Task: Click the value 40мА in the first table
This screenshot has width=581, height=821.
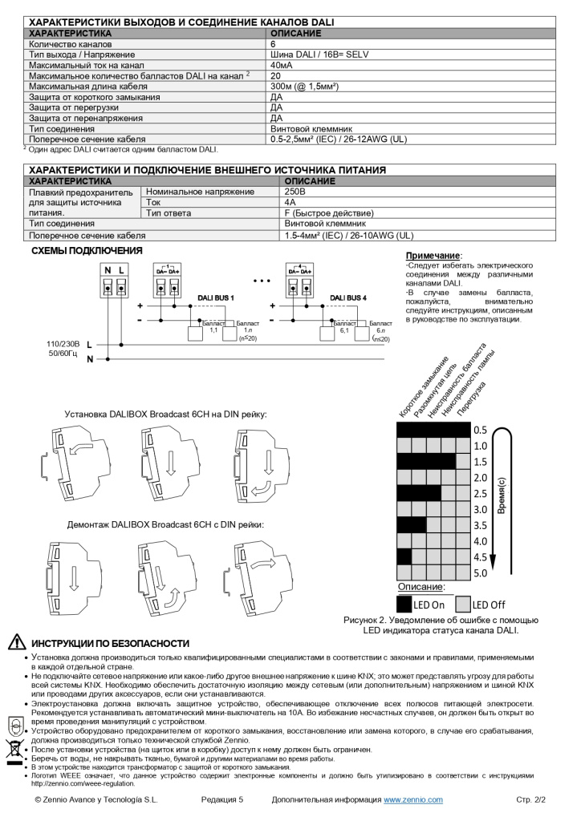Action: (282, 65)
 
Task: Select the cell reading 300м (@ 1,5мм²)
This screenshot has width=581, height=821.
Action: (304, 86)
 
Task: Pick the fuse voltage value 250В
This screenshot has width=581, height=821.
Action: (295, 192)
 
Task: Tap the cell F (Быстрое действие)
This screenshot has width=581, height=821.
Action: (329, 212)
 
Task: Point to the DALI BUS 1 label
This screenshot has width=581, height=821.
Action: (215, 297)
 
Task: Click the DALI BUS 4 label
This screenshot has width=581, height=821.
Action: (348, 297)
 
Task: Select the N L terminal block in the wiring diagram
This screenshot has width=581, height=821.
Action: (114, 280)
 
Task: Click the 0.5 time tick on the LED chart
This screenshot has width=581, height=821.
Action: (480, 430)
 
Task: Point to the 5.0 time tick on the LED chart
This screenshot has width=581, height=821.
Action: (480, 573)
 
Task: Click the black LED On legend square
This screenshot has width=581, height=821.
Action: (404, 604)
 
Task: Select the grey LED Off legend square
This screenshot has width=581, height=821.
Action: (462, 604)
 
